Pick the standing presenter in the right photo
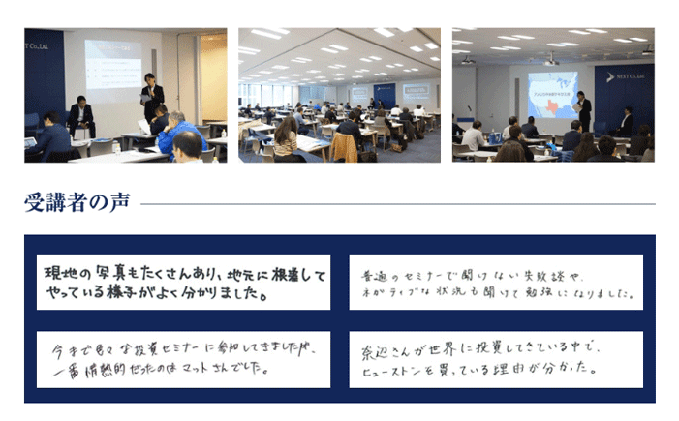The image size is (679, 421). click(x=583, y=110)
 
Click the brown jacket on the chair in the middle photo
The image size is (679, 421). click(x=344, y=146)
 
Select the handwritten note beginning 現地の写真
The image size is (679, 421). click(x=183, y=282)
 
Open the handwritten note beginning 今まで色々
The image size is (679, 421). click(x=183, y=357)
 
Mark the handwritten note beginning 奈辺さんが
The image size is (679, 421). click(x=495, y=357)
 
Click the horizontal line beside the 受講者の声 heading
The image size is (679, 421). click(x=397, y=204)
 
